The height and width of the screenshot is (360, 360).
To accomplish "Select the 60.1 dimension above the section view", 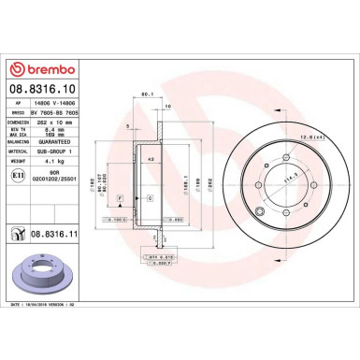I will tap(146, 95).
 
